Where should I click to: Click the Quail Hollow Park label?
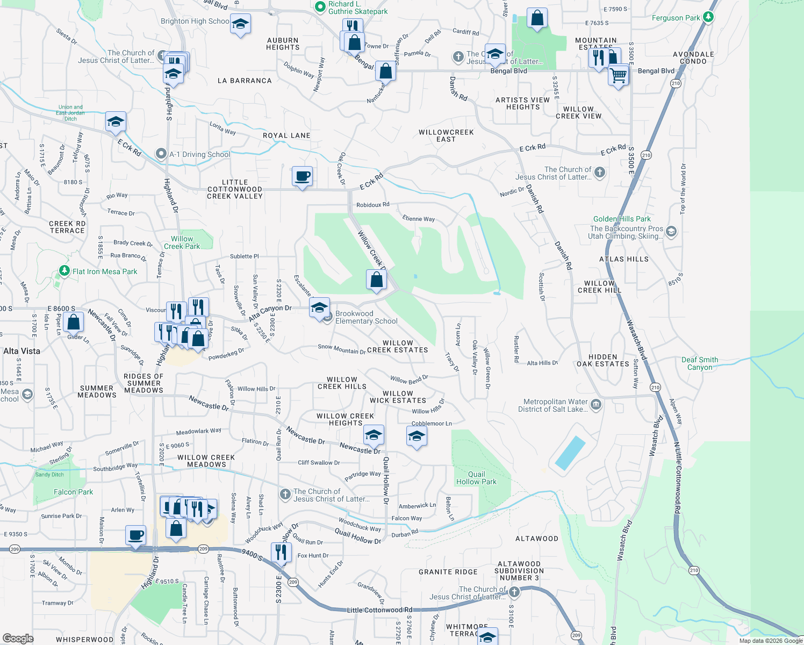pyautogui.click(x=476, y=478)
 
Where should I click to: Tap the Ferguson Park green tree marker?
pyautogui.click(x=708, y=17)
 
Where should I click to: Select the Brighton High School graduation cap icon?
pyautogui.click(x=240, y=24)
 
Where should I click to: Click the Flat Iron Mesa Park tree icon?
pyautogui.click(x=64, y=271)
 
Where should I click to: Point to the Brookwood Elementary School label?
pyautogui.click(x=367, y=317)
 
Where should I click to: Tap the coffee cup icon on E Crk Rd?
pyautogui.click(x=302, y=176)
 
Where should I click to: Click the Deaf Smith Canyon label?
pyautogui.click(x=700, y=363)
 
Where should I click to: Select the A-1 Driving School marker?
pyautogui.click(x=161, y=154)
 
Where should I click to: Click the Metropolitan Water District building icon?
pyautogui.click(x=595, y=404)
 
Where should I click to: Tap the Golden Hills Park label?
pyautogui.click(x=622, y=219)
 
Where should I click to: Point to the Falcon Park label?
pyautogui.click(x=73, y=492)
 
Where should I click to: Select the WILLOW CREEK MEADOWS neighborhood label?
pyautogui.click(x=206, y=461)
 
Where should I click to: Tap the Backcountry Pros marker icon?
pyautogui.click(x=671, y=232)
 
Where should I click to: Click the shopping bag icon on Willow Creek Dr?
pyautogui.click(x=376, y=279)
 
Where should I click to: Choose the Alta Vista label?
pyautogui.click(x=21, y=351)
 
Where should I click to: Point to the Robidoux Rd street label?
pyautogui.click(x=372, y=205)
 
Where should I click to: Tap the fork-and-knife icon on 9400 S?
pyautogui.click(x=281, y=552)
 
